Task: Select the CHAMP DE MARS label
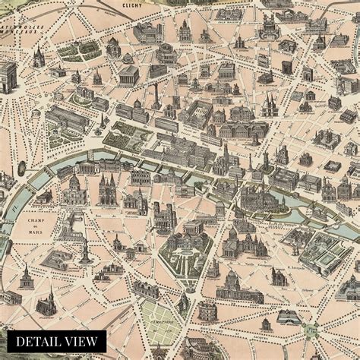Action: pos(36,223)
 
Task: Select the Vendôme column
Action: pos(156,95)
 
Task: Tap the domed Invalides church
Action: pos(74,190)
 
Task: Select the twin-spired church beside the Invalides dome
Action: pos(107,190)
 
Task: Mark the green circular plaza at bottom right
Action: pos(310,330)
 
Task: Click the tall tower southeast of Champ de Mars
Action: pos(86,251)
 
